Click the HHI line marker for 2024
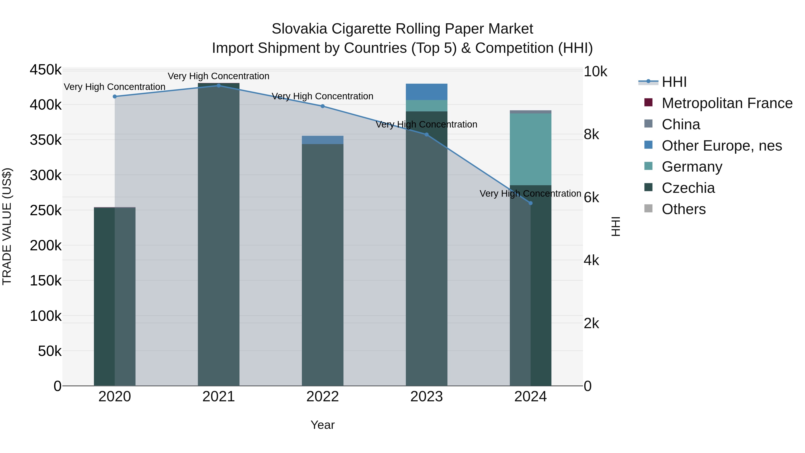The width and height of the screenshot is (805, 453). pos(530,203)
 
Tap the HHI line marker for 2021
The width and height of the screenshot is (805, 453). pos(218,86)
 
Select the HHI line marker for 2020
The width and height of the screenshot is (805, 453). pos(115,97)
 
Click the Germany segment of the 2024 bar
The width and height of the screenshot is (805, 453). pos(530,149)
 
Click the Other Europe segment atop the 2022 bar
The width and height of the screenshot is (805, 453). pos(322,140)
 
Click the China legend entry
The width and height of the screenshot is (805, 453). pos(681,124)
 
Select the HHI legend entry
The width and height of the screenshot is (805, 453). pos(674,82)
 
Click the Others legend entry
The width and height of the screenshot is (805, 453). pos(683,209)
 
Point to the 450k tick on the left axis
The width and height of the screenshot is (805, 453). pos(46,70)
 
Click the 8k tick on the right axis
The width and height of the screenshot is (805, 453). pos(591,134)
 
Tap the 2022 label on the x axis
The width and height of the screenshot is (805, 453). pos(322,397)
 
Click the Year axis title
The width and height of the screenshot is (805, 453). pos(322,425)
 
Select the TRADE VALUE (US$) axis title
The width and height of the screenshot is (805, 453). pos(7,226)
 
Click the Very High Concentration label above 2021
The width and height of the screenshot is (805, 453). pos(218,76)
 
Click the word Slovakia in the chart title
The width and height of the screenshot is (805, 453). pos(299,29)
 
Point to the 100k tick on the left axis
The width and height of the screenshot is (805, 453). pos(46,316)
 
